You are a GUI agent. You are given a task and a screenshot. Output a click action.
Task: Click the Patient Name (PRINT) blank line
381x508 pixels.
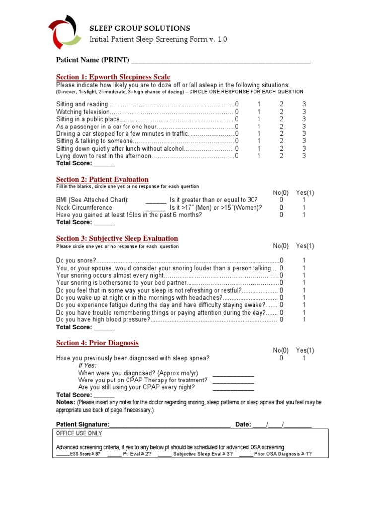(220, 61)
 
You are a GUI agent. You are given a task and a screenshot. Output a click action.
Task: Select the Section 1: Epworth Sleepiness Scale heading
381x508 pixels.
(113, 77)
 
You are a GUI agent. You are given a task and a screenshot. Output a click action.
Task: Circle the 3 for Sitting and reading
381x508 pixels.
(304, 104)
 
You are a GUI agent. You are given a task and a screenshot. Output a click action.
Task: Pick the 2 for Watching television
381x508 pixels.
(281, 112)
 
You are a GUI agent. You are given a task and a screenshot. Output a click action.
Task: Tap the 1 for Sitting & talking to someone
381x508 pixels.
(259, 141)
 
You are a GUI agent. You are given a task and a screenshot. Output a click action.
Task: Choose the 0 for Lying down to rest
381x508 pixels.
(237, 156)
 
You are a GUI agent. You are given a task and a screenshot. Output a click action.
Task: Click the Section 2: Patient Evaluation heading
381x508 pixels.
(102, 179)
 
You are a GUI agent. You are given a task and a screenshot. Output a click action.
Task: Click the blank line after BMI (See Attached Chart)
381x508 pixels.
(156, 200)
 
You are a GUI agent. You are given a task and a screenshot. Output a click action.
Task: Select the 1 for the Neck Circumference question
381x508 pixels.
(304, 208)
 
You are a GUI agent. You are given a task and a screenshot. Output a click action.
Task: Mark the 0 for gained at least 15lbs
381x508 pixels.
(281, 215)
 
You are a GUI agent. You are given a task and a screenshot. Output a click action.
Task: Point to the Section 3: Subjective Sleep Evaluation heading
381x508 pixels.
(117, 239)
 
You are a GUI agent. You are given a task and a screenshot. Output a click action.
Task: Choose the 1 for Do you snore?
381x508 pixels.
(304, 260)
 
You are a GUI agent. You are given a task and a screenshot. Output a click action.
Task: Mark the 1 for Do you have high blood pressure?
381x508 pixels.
(304, 320)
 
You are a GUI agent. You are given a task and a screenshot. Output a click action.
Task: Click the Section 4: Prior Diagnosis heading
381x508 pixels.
(97, 343)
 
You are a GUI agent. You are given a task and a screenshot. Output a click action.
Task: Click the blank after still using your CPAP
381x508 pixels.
(233, 388)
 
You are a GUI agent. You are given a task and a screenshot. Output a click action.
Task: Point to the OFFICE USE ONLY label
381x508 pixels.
(79, 434)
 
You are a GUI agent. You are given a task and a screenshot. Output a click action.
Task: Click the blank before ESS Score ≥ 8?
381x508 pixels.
(63, 455)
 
